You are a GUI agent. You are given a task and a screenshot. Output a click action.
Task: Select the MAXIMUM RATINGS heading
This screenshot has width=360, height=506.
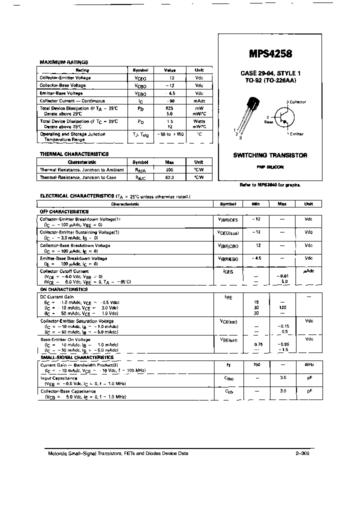(63, 62)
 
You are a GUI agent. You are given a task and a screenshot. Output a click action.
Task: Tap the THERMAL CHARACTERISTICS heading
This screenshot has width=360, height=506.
(74, 154)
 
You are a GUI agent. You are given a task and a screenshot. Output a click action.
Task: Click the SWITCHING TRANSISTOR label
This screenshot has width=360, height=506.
(270, 155)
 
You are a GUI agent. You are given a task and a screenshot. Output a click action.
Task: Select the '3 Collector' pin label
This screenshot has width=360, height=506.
(296, 102)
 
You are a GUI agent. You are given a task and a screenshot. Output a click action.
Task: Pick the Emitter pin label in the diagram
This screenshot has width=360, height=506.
(295, 134)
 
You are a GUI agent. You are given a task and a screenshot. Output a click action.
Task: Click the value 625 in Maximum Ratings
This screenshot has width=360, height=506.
(169, 107)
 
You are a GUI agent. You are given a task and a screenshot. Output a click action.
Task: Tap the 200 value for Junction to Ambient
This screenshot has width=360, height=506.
(169, 170)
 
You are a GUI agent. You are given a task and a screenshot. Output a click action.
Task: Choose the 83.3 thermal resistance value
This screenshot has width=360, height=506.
(169, 177)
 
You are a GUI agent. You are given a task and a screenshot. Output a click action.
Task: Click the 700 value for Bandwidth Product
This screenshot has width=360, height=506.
(256, 364)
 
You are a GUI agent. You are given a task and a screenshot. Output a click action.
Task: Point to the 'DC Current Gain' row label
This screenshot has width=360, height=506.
(57, 296)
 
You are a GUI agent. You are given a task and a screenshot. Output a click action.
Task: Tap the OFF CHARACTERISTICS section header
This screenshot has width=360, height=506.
(64, 211)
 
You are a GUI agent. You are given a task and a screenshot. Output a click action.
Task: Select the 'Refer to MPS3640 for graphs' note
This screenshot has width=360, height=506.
(270, 184)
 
